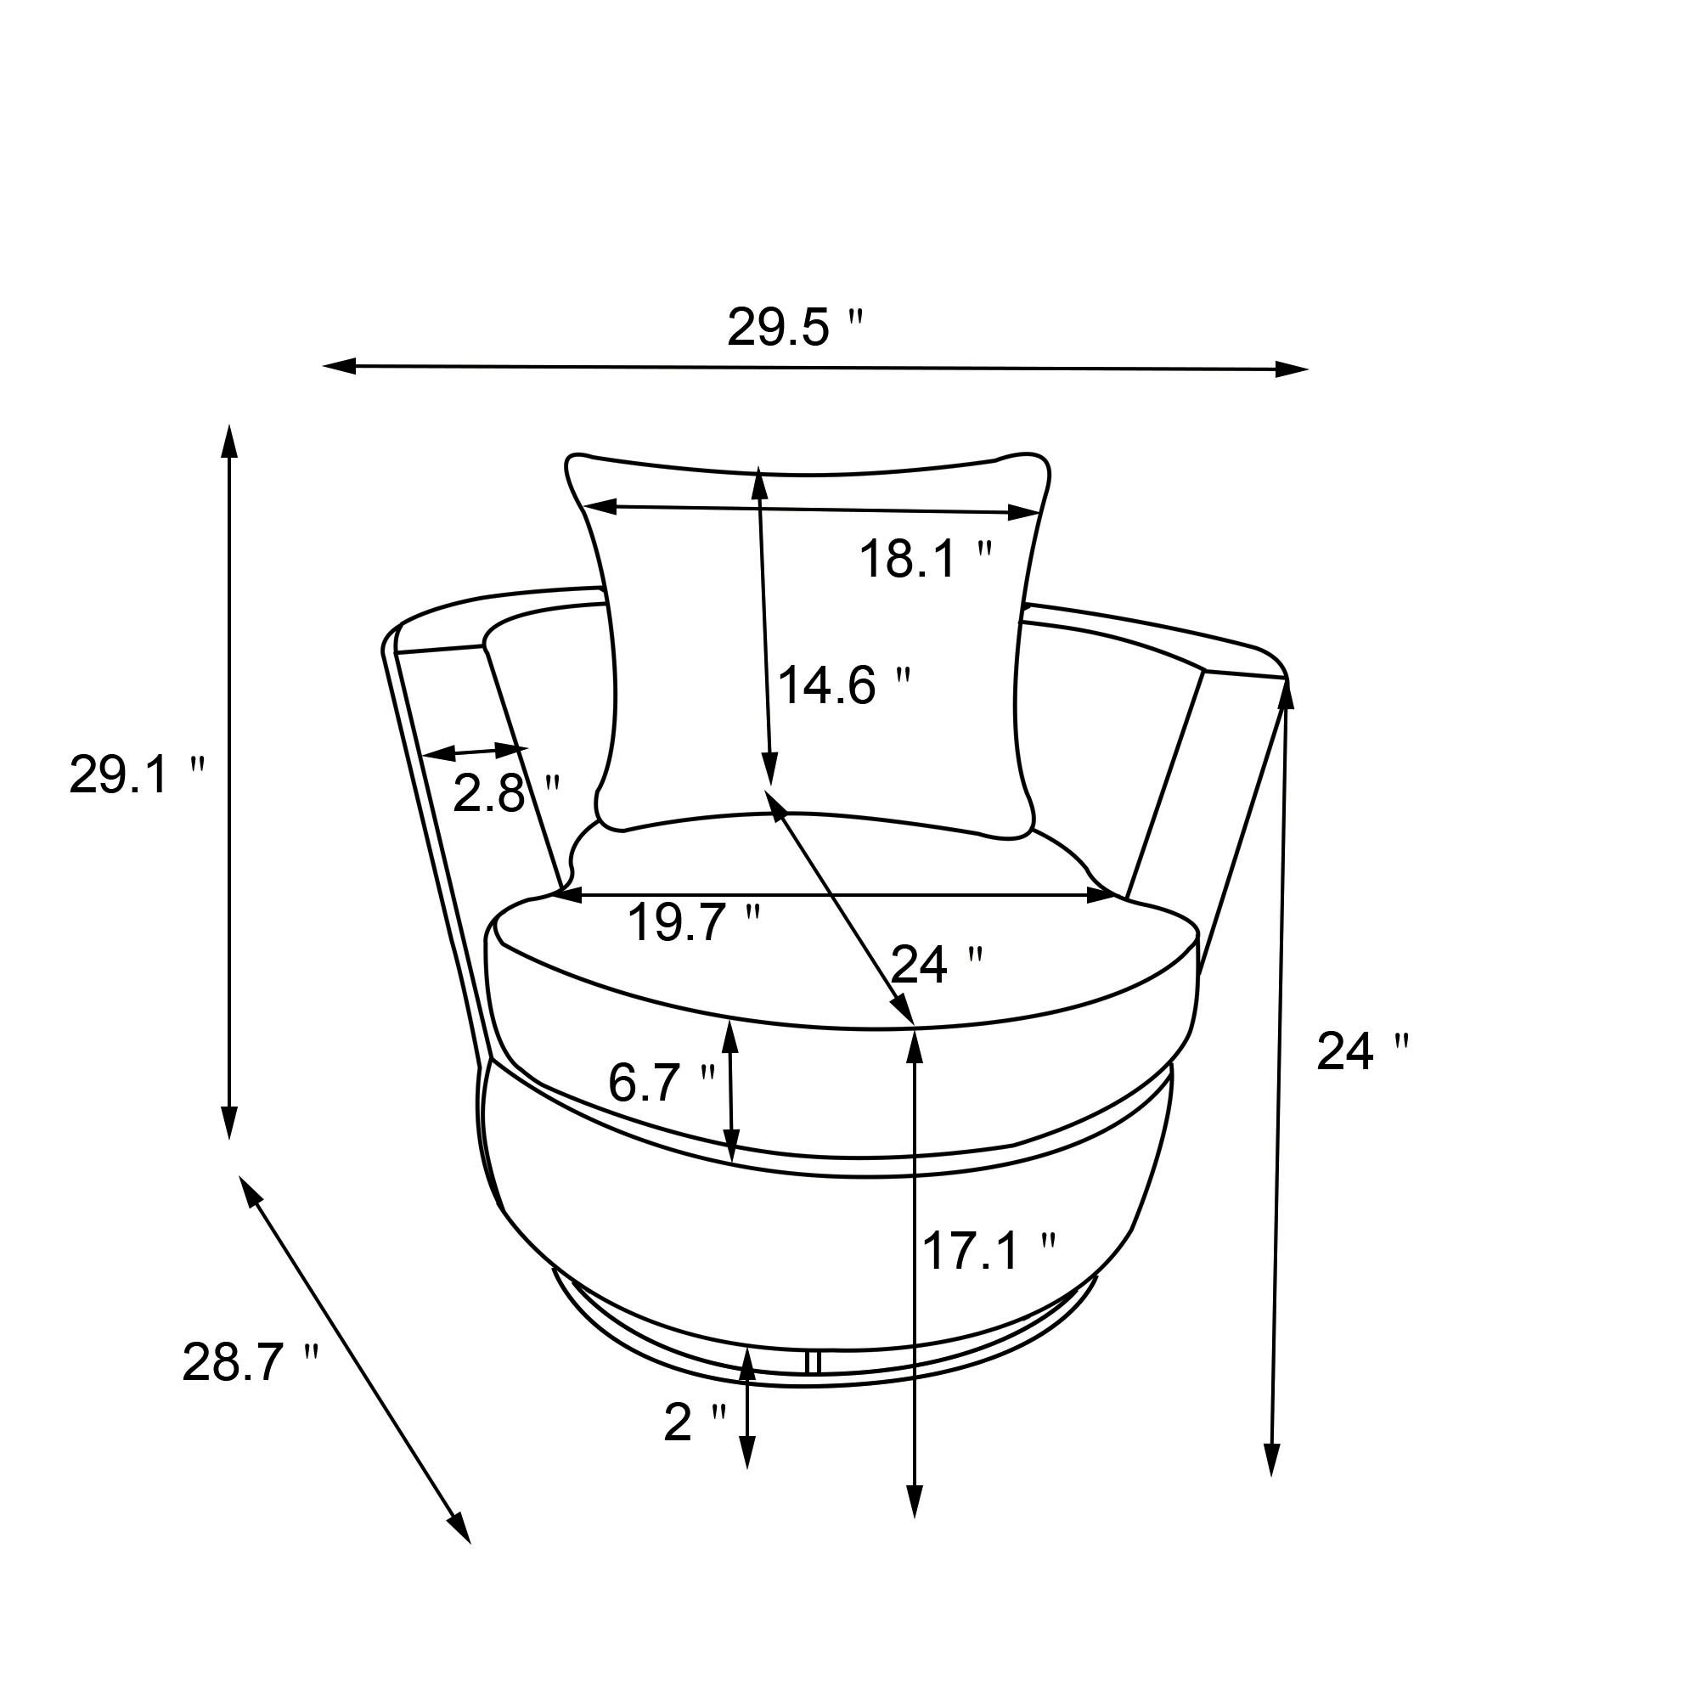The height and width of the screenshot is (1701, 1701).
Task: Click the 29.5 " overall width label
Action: coord(795,328)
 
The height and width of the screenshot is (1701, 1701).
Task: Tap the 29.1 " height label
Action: coord(137,775)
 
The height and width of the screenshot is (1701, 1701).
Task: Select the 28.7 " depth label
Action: coord(250,1363)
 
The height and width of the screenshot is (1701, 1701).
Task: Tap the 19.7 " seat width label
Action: coord(693,923)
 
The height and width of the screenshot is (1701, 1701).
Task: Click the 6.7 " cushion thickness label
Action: coord(662,1083)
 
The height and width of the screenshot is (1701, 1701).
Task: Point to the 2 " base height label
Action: coord(694,1422)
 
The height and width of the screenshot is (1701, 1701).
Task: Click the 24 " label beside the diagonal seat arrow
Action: coord(936,965)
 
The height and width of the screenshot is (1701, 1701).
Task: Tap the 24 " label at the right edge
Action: coord(1362,1051)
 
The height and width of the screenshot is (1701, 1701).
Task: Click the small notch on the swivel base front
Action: coord(813,1362)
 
